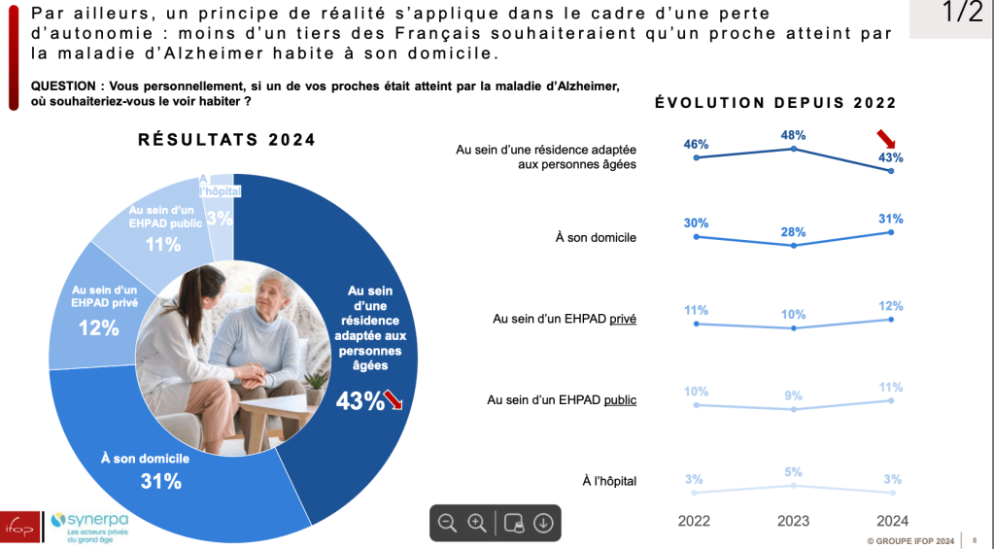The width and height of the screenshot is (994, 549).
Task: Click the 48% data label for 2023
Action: click(794, 135)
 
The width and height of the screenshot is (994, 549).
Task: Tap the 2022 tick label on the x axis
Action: click(695, 521)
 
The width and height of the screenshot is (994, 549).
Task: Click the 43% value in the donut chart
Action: click(360, 400)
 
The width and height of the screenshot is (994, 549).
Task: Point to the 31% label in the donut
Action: click(161, 481)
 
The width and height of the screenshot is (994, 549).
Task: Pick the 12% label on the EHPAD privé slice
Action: click(99, 328)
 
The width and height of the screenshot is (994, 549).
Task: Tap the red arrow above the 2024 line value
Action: click(886, 137)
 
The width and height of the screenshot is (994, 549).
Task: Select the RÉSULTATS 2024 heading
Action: click(227, 140)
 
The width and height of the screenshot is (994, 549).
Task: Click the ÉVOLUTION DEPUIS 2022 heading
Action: click(775, 102)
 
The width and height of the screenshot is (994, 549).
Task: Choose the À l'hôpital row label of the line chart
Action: click(609, 480)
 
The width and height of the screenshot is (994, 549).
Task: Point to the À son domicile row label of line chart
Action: click(602, 236)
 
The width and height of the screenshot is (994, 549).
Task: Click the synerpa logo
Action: click(88, 525)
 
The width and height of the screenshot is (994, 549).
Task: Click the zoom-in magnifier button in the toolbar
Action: click(477, 523)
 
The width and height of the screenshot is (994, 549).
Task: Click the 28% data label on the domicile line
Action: click(794, 232)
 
